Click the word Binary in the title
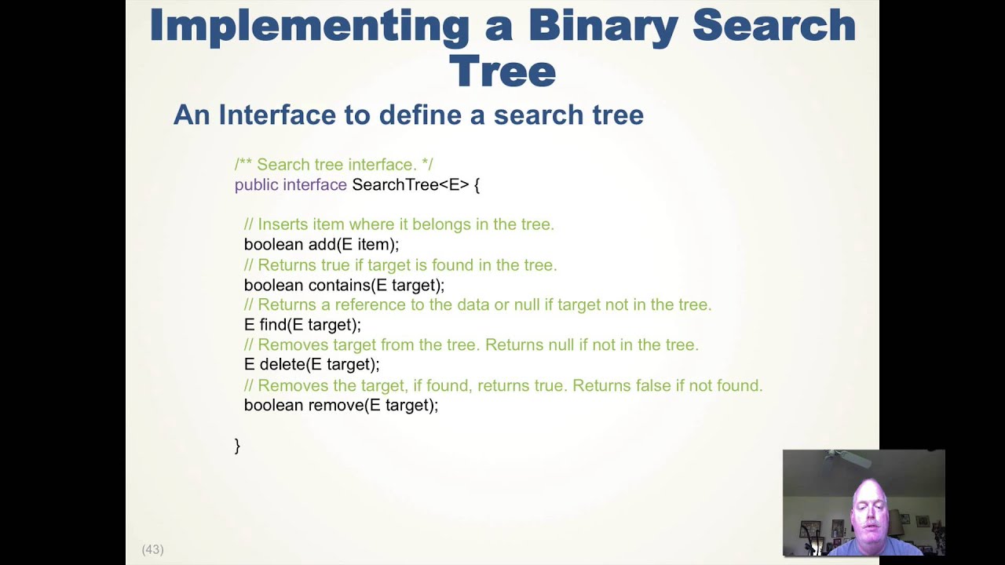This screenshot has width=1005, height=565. (602, 25)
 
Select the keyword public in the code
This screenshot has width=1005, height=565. (257, 185)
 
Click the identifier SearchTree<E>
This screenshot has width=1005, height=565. (410, 185)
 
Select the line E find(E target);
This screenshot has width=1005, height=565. (302, 325)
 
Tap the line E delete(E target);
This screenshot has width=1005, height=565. (312, 365)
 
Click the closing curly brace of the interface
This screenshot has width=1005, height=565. (237, 446)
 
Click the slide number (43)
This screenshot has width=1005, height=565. (152, 549)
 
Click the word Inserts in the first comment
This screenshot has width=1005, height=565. (283, 224)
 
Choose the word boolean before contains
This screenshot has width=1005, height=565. (273, 286)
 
